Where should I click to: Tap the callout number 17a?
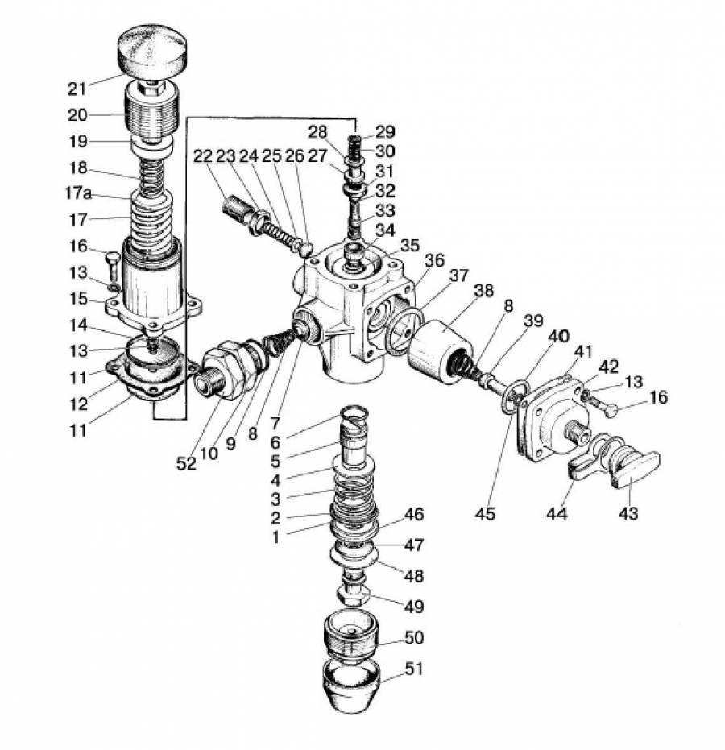tap(78, 193)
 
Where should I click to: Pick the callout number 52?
tap(186, 463)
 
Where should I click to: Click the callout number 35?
tap(409, 245)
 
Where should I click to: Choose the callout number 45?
tap(485, 513)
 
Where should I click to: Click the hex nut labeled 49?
tap(353, 592)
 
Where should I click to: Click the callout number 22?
tap(203, 155)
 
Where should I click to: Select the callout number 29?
tap(385, 131)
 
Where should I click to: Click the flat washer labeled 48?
tap(354, 556)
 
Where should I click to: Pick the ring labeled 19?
tap(152, 145)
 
